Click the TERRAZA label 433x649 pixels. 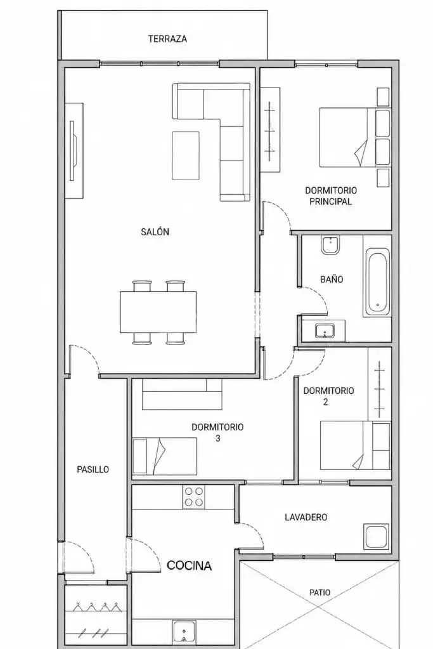(167, 39)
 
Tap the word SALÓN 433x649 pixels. (155, 232)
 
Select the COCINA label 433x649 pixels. (189, 565)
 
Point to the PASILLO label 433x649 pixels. (93, 469)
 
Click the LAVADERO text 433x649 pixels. (306, 517)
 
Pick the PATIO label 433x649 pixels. (320, 593)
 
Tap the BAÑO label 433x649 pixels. (332, 279)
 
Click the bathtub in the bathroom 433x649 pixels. (377, 280)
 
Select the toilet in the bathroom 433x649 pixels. (330, 245)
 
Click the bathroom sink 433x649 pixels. (325, 331)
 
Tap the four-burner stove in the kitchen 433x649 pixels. (194, 497)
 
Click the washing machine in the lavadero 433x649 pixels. (376, 537)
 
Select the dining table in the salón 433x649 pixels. (158, 312)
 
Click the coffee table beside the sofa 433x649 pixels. (186, 155)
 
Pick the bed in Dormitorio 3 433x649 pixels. (164, 456)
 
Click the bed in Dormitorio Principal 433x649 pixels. (354, 137)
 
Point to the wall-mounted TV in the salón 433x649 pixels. (72, 150)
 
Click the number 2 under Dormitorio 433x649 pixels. (325, 402)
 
